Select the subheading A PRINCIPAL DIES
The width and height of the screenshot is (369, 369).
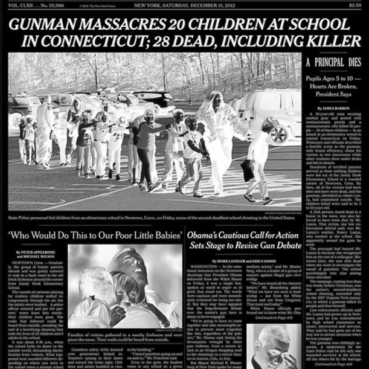[333, 62]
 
